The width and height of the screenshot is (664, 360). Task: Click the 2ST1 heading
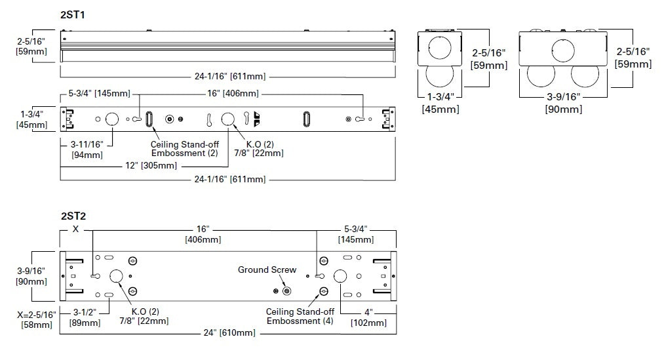point(73,14)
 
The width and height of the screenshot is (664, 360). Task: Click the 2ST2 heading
point(73,215)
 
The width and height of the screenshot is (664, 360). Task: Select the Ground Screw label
point(267,270)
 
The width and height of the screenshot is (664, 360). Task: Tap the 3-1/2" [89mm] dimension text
point(85,317)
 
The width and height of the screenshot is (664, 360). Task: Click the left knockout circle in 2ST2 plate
point(117,276)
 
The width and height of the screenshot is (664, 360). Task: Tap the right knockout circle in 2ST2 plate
point(340,276)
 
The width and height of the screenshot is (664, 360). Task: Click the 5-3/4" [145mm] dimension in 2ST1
point(99,93)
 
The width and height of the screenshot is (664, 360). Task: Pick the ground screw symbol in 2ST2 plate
point(286,290)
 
